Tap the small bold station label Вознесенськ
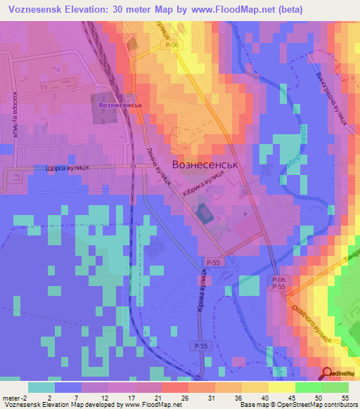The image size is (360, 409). [121, 105]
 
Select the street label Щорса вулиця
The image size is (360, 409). [66, 169]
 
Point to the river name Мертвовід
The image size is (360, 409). [298, 146]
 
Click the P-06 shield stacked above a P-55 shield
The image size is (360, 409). [278, 280]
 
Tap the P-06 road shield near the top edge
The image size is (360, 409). [173, 45]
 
